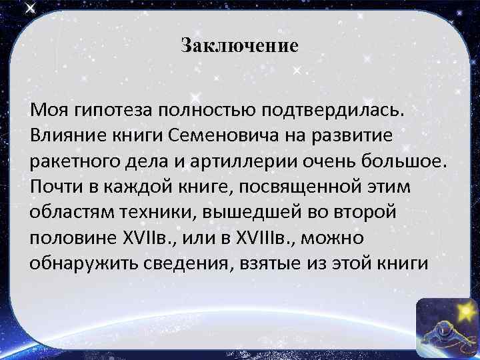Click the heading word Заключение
[x=239, y=46]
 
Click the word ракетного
[x=74, y=161]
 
